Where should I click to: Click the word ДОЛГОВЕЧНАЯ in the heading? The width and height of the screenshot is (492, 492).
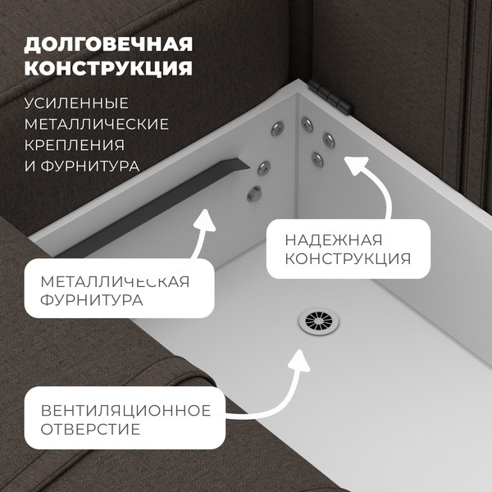[x=109, y=43]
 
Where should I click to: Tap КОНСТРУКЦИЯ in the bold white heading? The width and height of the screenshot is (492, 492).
[x=109, y=68]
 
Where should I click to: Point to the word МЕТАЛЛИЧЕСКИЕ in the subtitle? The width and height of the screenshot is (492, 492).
[x=97, y=124]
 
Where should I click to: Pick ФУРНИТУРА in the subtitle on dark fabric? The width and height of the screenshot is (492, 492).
[x=89, y=166]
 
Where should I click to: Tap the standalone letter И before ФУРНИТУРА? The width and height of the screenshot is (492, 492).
[x=30, y=166]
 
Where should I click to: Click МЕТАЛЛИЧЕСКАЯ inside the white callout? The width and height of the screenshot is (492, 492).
[x=115, y=282]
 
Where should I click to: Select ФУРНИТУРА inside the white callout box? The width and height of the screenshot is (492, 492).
[x=91, y=301]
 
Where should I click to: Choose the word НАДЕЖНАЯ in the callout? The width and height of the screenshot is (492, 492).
[x=333, y=240]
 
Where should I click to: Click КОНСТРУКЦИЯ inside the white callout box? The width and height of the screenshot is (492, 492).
[x=347, y=260]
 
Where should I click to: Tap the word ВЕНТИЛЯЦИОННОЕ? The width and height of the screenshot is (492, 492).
[x=125, y=410]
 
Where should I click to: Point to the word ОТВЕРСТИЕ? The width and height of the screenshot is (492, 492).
[x=90, y=430]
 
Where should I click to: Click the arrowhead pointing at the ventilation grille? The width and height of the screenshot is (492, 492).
[x=298, y=358]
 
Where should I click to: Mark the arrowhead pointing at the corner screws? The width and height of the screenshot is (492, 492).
[x=353, y=166]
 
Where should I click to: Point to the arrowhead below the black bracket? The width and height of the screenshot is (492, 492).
[x=204, y=221]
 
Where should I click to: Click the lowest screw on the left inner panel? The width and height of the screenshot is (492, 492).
[x=254, y=194]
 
